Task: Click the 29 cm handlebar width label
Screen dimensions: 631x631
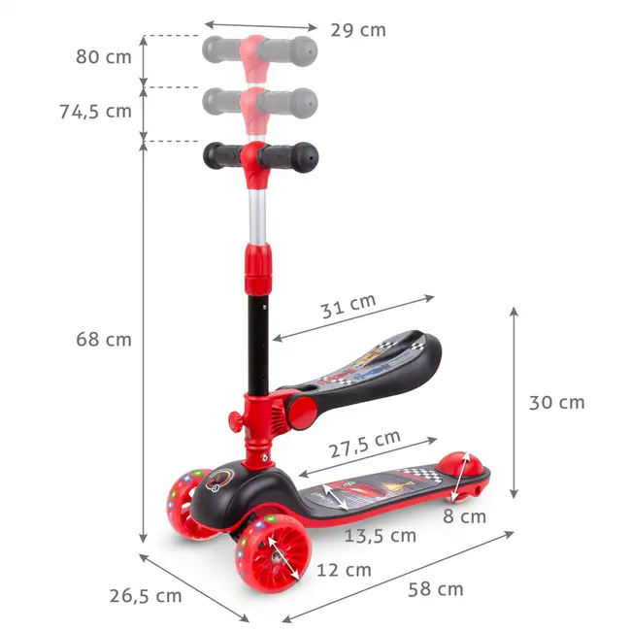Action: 358,30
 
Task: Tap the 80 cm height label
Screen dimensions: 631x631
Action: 104,56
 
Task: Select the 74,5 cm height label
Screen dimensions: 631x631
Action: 93,111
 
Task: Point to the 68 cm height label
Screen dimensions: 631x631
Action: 104,340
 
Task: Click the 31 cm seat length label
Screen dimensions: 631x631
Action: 349,306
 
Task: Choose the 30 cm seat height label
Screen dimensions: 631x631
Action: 556,402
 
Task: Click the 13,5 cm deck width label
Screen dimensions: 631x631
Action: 381,535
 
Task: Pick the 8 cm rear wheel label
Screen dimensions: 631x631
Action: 466,516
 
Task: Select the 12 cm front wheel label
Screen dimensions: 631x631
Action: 344,570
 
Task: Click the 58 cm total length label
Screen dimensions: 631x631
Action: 435,589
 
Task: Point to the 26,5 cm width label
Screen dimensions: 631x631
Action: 147,595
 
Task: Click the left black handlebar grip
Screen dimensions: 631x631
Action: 223,155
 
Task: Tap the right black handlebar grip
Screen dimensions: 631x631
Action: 293,155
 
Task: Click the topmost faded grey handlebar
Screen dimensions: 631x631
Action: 258,49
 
